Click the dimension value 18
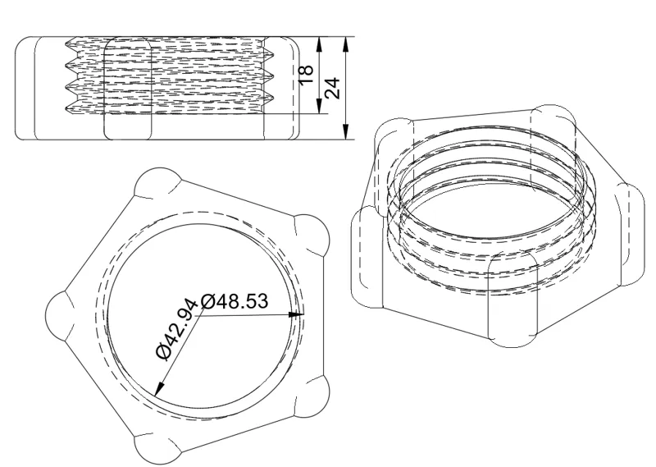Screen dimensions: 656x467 307,75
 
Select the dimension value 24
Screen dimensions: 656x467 333,88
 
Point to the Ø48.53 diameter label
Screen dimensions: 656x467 235,301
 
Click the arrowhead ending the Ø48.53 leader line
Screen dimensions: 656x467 298,314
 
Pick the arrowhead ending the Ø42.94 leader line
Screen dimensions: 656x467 158,390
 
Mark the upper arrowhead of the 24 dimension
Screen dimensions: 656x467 345,43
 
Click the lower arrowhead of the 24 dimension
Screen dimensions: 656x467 345,132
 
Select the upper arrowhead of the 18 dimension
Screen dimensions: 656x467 320,43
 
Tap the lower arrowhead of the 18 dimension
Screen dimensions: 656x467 320,107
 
